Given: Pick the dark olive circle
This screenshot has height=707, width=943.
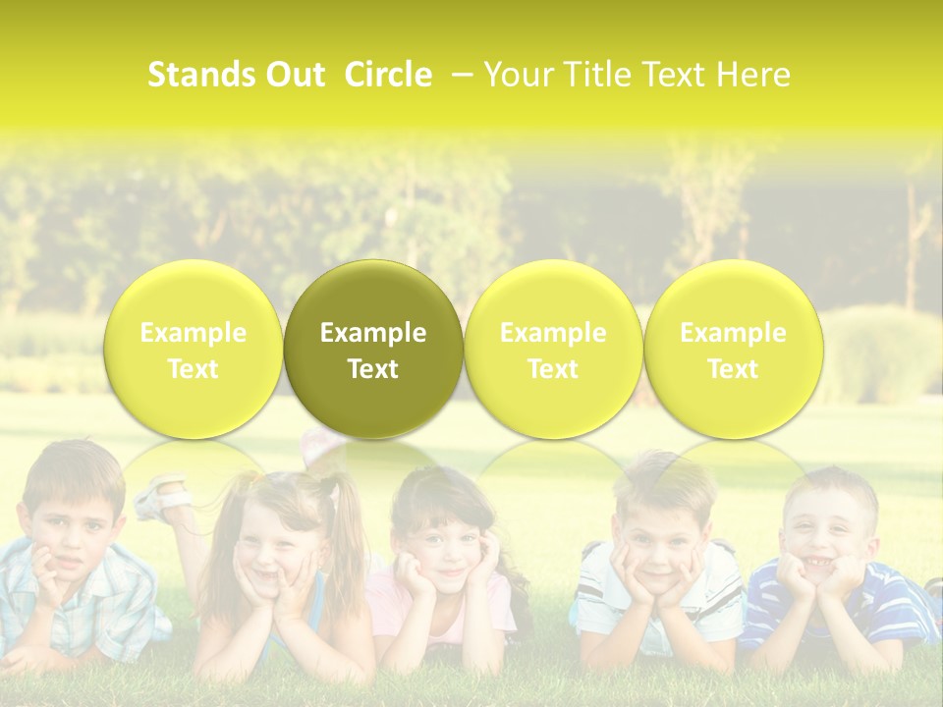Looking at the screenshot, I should [x=373, y=350].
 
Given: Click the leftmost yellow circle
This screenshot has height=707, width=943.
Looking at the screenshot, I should [x=194, y=350].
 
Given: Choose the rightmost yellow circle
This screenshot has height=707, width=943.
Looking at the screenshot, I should [x=733, y=350].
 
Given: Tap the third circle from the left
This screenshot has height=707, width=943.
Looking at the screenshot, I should [x=553, y=350].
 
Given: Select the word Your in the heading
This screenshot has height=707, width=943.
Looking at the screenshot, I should [x=516, y=75].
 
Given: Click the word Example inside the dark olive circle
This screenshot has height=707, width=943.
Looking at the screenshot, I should [x=373, y=333].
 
